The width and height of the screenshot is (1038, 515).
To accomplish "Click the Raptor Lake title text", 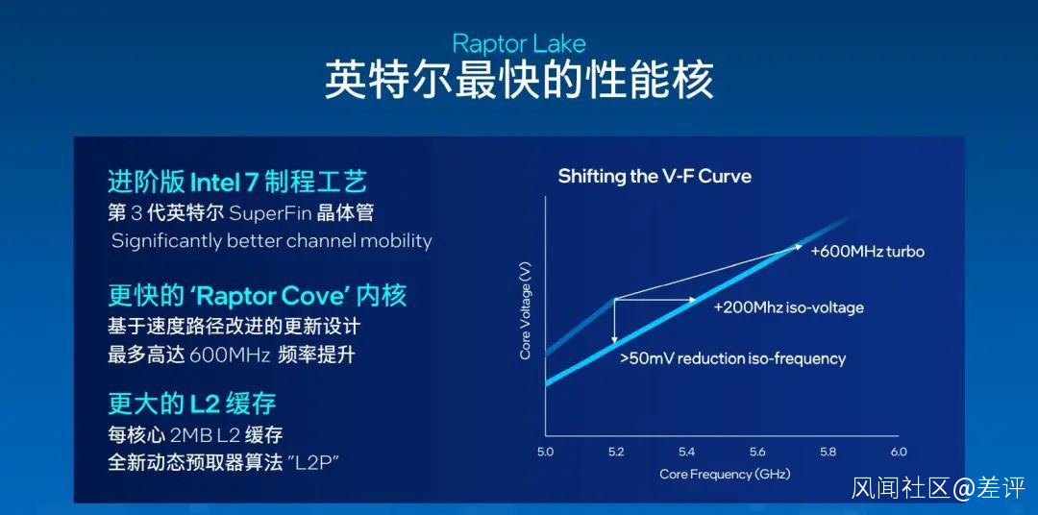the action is tap(519, 44).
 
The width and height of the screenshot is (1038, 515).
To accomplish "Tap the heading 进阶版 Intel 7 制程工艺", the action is tap(237, 182).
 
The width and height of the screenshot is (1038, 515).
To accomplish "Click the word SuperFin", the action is tap(271, 213).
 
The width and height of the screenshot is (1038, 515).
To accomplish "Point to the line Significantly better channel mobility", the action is tap(271, 241).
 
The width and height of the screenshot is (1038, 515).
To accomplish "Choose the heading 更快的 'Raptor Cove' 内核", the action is tap(257, 296).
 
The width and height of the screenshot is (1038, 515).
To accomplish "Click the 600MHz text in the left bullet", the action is tap(230, 356).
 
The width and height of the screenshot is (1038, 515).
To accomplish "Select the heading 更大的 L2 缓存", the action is tap(192, 404).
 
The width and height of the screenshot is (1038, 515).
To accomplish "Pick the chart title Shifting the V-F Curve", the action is tap(655, 177).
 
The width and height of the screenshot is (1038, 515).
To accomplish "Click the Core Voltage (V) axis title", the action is tap(526, 310).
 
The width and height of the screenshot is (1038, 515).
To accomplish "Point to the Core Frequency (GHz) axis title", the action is tap(725, 474).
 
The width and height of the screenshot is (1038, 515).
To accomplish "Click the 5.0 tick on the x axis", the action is tap(546, 453).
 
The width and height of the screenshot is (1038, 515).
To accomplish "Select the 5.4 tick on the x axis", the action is tap(687, 453).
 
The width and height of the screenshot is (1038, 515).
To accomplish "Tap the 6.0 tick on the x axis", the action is tap(898, 453).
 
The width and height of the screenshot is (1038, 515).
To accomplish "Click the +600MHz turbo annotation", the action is tap(867, 252).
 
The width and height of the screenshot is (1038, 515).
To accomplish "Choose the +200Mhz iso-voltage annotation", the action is tap(788, 307).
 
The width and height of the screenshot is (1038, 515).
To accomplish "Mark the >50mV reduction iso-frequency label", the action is tap(732, 358).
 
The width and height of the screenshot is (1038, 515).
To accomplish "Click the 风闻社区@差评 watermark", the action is tap(938, 488).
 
